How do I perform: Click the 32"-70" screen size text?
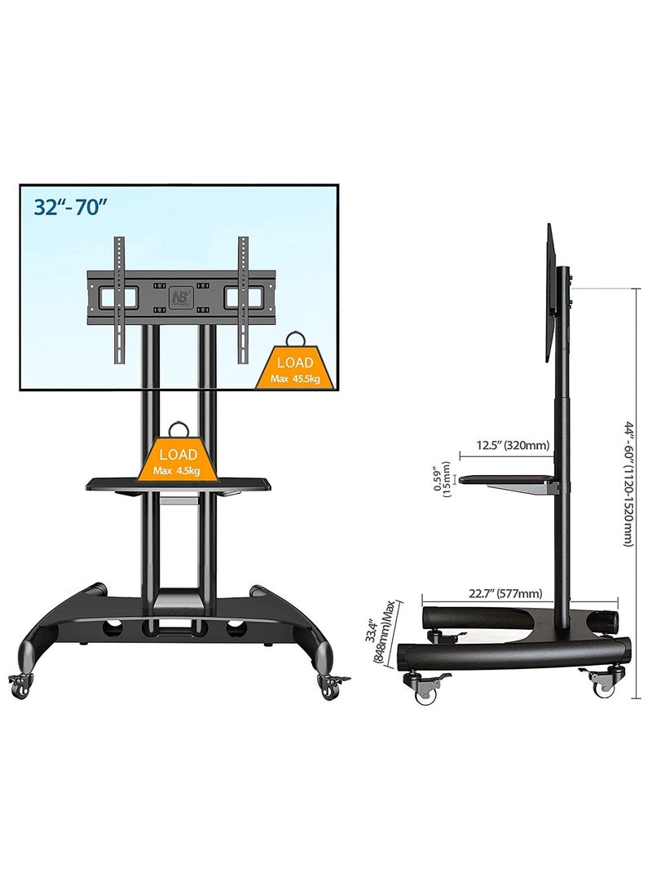tap(71, 207)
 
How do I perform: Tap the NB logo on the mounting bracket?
tap(179, 296)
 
